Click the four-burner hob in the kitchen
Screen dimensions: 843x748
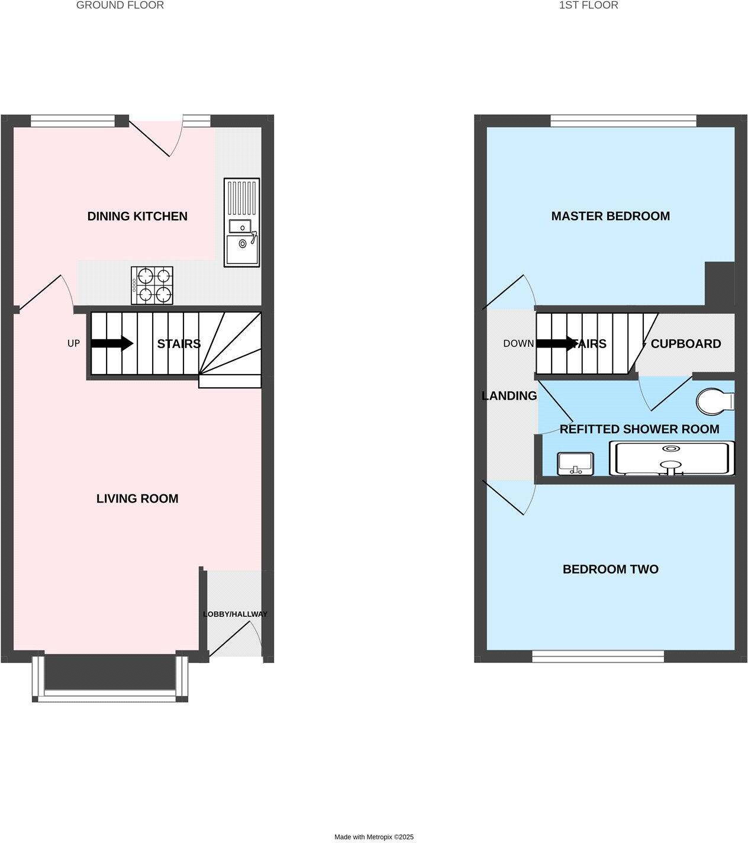tap(153, 285)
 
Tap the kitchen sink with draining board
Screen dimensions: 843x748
tap(241, 223)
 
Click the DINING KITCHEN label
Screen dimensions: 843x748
tap(137, 216)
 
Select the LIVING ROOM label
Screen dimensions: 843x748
tap(137, 498)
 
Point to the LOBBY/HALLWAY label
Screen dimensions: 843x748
tap(235, 614)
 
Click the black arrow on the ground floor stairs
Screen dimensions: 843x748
tap(112, 343)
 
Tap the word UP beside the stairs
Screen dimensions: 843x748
tap(73, 343)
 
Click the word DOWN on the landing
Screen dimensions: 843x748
tap(518, 343)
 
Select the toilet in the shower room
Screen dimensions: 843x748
tap(715, 401)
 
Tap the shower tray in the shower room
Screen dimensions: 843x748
tap(672, 458)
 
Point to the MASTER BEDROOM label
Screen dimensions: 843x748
tap(611, 216)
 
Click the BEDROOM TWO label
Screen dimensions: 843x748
tap(611, 569)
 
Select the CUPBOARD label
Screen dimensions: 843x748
tap(686, 344)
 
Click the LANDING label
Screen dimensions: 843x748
tap(510, 396)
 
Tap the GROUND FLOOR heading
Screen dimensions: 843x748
tap(120, 5)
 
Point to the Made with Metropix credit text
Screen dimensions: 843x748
tap(374, 837)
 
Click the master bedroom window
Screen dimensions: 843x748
tap(623, 121)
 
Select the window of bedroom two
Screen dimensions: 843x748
tap(598, 656)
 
